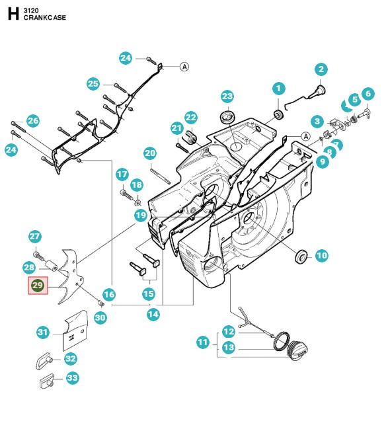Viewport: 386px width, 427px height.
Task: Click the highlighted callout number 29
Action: (x=37, y=286)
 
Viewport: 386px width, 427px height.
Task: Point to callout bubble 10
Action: (x=321, y=256)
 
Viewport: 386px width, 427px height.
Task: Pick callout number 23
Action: (x=227, y=97)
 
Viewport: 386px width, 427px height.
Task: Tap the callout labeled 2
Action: (x=321, y=69)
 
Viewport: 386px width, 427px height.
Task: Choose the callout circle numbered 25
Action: (x=93, y=83)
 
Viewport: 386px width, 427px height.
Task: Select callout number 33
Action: (x=72, y=378)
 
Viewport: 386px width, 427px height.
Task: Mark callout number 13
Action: (x=228, y=348)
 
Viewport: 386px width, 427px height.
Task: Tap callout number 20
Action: (x=150, y=153)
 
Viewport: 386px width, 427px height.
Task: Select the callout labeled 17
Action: (x=122, y=175)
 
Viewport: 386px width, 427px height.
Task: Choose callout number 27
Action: (x=35, y=237)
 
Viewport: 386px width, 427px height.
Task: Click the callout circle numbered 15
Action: (x=149, y=293)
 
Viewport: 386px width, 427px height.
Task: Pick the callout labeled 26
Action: (x=33, y=121)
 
